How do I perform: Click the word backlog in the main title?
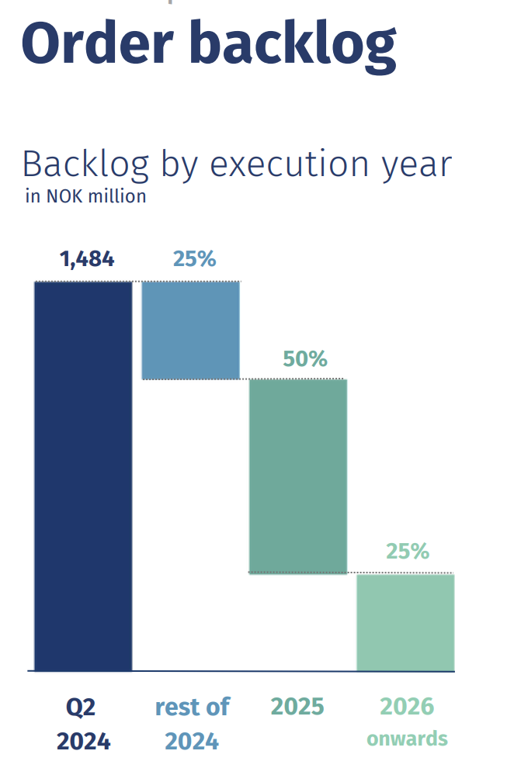pos(293,44)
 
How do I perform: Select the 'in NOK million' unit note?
pos(85,196)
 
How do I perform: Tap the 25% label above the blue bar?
pos(194,259)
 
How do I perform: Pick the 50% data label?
pos(306,359)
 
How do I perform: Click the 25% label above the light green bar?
pos(408,552)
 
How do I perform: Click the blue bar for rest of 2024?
pos(190,330)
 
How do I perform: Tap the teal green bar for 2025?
pos(297,476)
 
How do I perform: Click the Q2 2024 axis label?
pos(83,724)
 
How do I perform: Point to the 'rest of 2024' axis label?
pos(193,724)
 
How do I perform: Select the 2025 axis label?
pos(297,707)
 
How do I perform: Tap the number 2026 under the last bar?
pos(407,707)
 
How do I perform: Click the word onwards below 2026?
pos(408,738)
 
